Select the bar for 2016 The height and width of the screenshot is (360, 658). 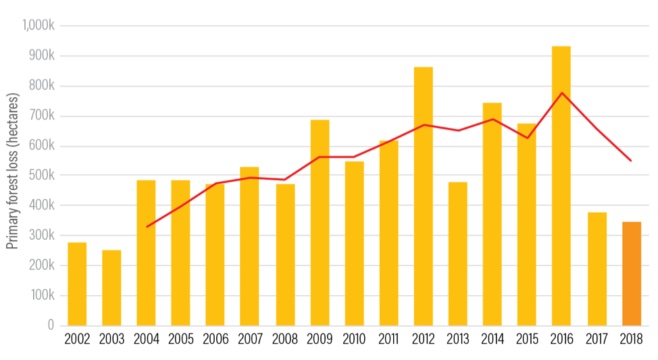pos(561,186)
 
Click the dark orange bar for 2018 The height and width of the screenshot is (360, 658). pos(631,274)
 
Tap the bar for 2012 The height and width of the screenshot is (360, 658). pos(424,196)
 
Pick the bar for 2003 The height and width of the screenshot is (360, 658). pos(111,288)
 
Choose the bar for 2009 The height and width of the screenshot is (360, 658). pos(320,223)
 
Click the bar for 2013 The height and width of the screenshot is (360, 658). pos(458,253)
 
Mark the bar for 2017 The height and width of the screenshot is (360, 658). pos(597,269)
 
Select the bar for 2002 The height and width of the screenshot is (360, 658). pos(77,284)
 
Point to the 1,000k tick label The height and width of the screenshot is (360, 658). pos(38,26)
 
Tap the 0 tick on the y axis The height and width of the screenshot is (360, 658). pos(51,326)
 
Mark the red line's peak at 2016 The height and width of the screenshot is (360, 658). pos(562,93)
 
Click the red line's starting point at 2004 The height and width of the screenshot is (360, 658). pos(147,227)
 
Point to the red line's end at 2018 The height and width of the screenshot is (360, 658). pos(631,161)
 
